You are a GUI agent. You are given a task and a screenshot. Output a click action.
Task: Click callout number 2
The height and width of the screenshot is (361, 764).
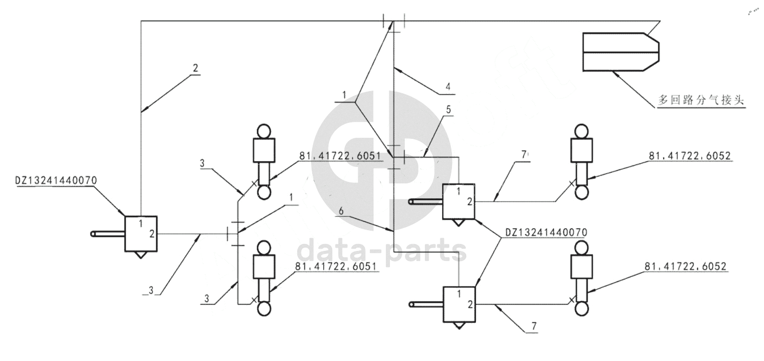tap(195, 68)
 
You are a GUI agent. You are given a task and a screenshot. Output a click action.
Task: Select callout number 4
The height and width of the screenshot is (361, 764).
tap(447, 87)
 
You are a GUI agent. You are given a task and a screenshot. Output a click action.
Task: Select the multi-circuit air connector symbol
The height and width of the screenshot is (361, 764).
tap(620, 52)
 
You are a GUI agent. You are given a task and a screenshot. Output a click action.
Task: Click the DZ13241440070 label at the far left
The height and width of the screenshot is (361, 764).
tap(56, 181)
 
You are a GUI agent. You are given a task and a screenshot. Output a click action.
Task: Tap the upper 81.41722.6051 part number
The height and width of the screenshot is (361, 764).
tap(340, 156)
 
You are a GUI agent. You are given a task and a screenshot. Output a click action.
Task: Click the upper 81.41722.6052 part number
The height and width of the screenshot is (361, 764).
tap(689, 156)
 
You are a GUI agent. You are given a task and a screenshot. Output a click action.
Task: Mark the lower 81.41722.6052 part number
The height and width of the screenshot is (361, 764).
tap(685, 266)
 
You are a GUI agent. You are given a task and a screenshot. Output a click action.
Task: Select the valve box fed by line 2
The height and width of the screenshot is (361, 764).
tap(141, 233)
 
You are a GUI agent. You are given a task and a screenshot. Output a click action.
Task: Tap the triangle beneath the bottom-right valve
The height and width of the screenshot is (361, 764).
tap(459, 326)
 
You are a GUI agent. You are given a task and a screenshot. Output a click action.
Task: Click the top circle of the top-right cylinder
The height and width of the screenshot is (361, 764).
tap(582, 131)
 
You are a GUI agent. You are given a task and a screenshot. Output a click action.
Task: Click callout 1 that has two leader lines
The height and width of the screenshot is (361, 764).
tap(345, 94)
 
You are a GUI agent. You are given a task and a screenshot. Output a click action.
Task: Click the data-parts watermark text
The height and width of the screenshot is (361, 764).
tap(382, 250)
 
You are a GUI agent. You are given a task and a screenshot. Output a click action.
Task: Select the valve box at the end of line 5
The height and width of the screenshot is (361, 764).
tap(459, 201)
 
